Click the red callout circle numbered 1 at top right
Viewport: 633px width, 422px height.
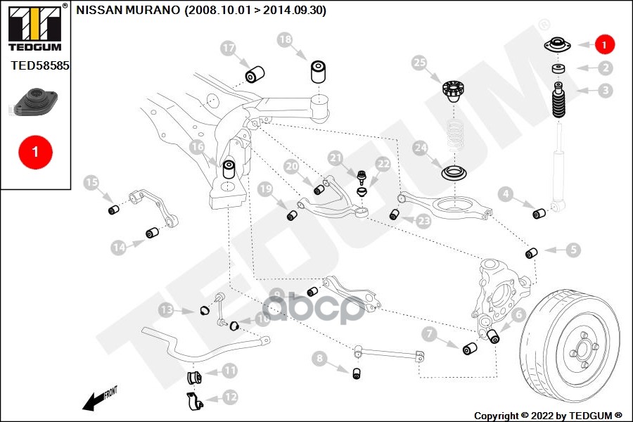tap(604, 44)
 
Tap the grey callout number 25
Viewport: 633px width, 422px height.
tap(420, 63)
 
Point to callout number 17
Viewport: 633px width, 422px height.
tap(228, 49)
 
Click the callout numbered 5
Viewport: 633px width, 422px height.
tap(574, 250)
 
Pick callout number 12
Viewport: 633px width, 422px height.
tap(230, 397)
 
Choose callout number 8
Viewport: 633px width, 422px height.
tap(320, 359)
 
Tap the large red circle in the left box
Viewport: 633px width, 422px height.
tap(36, 151)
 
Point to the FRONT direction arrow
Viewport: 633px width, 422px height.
tap(99, 399)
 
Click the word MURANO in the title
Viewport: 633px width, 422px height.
tap(154, 11)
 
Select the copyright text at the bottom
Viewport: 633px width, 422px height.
tap(548, 415)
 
